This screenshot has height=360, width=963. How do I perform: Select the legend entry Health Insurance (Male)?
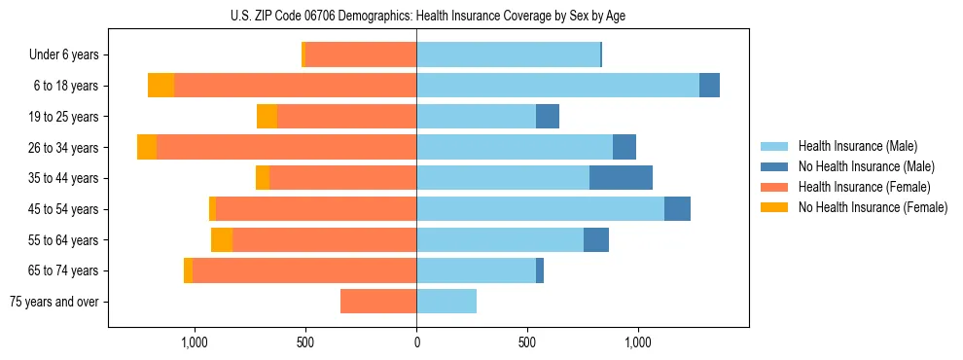852,146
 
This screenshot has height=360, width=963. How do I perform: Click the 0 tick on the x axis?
416,342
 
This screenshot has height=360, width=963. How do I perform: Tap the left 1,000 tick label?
195,342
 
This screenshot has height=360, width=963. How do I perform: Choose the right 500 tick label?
527,342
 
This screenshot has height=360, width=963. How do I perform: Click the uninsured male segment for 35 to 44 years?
621,178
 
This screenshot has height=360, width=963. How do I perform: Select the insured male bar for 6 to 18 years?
557,86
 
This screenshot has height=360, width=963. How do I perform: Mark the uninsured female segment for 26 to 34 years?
147,147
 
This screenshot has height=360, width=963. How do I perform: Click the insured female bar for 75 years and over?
378,302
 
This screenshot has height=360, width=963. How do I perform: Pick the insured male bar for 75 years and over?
446,302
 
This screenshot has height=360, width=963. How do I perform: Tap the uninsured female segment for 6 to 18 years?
160,86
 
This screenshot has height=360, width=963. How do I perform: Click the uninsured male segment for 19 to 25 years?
548,117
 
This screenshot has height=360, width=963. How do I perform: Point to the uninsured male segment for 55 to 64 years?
596,240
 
